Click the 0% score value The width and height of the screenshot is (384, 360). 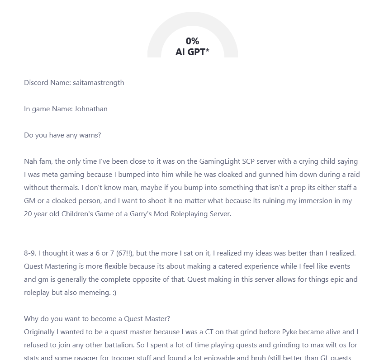192,41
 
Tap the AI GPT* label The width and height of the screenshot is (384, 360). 192,52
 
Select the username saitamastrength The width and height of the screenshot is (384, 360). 98,82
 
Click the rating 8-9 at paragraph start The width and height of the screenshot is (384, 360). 30,253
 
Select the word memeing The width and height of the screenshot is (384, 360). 95,292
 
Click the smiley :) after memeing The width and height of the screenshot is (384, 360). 113,292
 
